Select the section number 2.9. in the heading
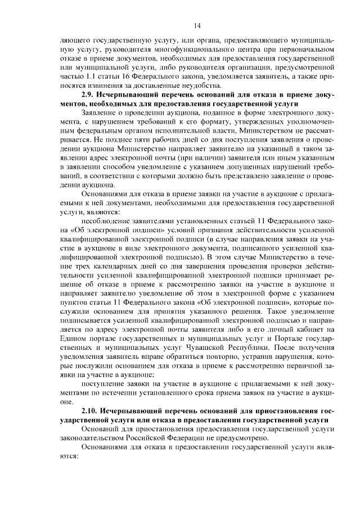89,94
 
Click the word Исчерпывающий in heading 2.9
127,94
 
